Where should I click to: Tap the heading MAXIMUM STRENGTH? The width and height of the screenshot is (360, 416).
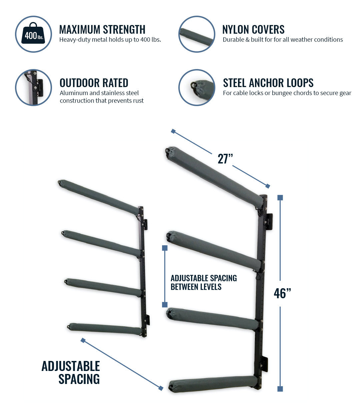pos(102,30)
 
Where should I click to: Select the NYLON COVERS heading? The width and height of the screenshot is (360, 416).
pos(253,30)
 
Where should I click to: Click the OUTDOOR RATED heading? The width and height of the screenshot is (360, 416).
pos(94,83)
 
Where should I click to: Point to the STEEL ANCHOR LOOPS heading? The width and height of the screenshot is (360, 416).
pos(268,83)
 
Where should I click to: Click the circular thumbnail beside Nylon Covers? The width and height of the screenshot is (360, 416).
pos(197,34)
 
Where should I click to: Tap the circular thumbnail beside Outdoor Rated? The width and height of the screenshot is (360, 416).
pos(33,87)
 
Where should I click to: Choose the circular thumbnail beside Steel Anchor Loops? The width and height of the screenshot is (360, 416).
pos(197,87)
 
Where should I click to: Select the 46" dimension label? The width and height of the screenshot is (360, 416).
pos(282,294)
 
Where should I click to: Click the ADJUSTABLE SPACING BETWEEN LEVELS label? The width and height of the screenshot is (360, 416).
pos(203,283)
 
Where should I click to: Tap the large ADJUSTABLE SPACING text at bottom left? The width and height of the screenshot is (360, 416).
pos(71,373)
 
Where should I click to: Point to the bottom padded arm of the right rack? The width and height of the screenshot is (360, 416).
pos(213,383)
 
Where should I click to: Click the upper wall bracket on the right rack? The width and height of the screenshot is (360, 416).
pos(269,221)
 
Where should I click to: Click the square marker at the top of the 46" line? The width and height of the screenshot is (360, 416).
pos(280,198)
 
